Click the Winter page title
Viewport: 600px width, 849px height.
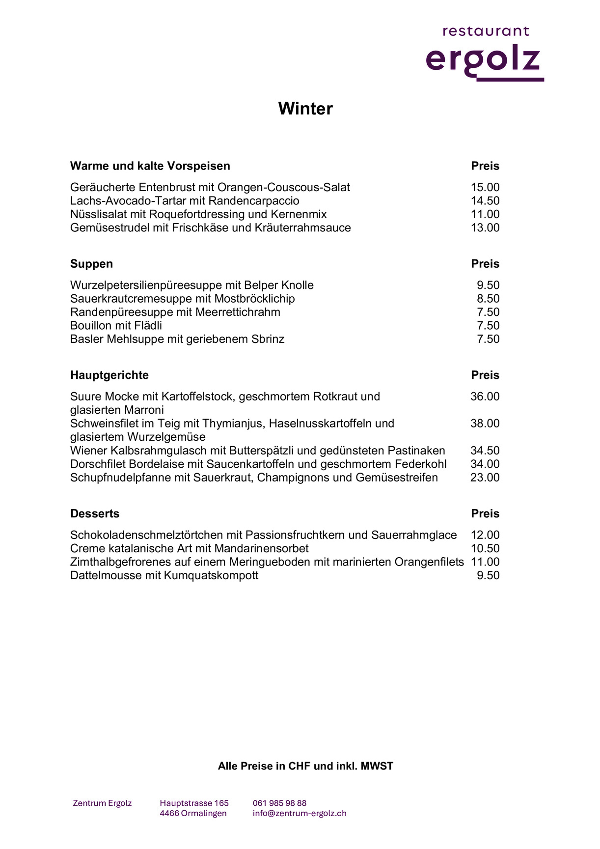click(x=305, y=109)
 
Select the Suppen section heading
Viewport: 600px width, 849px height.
click(x=91, y=264)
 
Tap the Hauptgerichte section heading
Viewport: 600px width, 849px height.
click(x=109, y=375)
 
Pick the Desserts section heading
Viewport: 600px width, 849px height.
click(x=95, y=514)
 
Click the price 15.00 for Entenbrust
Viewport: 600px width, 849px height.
click(x=485, y=187)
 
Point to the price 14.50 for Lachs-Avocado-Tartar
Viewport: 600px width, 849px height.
click(x=485, y=201)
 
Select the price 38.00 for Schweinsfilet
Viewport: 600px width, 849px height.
click(x=485, y=424)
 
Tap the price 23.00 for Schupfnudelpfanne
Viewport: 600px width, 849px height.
click(x=485, y=478)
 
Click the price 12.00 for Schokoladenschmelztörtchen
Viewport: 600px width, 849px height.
click(x=485, y=535)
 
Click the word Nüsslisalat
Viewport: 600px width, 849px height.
click(x=98, y=214)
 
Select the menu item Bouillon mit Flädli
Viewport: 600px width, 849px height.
click(x=116, y=326)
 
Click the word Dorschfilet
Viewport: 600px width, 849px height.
click(x=98, y=464)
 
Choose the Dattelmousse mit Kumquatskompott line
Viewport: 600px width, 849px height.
click(x=164, y=575)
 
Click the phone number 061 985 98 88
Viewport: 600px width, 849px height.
click(x=279, y=803)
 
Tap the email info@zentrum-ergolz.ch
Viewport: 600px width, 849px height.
click(x=300, y=814)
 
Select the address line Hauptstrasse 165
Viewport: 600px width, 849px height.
click(x=194, y=803)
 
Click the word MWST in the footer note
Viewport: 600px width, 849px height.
click(x=377, y=766)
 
